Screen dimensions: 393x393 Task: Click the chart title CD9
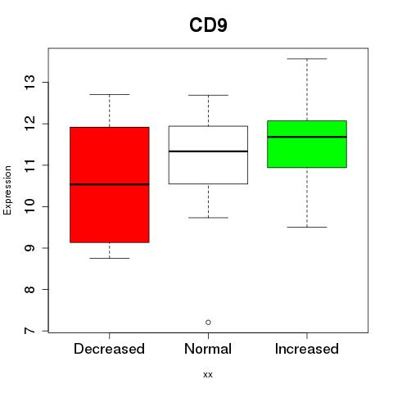[x=208, y=25]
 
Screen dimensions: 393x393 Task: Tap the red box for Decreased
[x=110, y=185]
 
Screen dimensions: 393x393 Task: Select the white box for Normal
[x=208, y=155]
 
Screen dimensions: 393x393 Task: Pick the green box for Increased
[x=307, y=144]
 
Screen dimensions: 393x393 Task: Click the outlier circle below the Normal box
[x=208, y=323]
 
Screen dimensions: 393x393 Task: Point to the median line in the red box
[x=110, y=184]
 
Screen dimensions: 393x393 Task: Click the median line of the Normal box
[x=208, y=151]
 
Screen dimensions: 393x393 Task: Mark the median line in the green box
[x=307, y=137]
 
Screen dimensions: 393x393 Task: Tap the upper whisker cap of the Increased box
[x=307, y=59]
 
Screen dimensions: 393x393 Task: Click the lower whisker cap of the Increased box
[x=307, y=227]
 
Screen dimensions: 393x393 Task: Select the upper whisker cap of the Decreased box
[x=110, y=94]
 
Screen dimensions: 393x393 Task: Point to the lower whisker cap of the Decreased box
[x=110, y=258]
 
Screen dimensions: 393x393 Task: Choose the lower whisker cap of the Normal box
[x=208, y=218]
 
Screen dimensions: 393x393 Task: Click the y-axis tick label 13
[x=29, y=82]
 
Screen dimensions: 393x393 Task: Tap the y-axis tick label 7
[x=29, y=331]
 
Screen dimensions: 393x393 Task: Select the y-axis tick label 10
[x=29, y=206]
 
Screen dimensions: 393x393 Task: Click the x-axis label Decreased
[x=109, y=349]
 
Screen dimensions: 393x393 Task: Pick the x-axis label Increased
[x=307, y=349]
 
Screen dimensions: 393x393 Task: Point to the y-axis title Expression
[x=7, y=191]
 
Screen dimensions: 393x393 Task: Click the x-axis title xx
[x=208, y=375]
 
